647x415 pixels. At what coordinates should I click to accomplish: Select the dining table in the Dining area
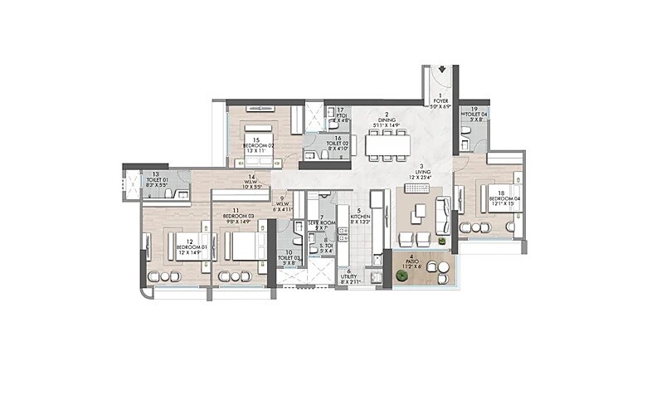tap(387, 146)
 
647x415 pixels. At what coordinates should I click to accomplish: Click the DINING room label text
tap(387, 120)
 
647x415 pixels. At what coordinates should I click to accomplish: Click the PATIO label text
tap(412, 264)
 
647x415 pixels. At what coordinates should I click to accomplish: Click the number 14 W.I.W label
tap(251, 182)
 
